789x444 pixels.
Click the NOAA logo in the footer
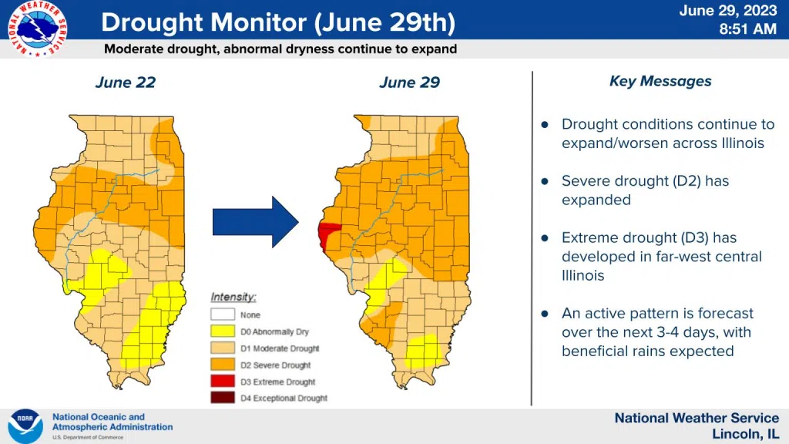tap(25, 426)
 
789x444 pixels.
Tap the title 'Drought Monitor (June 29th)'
tap(277, 22)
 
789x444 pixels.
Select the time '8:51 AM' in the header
tap(747, 29)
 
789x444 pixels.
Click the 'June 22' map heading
tap(125, 82)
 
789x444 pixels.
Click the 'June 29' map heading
tap(409, 82)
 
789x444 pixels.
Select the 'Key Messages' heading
tap(660, 81)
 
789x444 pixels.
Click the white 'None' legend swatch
tap(222, 314)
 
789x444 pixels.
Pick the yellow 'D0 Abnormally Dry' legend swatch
tap(222, 331)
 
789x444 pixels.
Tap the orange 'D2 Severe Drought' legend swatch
tap(222, 365)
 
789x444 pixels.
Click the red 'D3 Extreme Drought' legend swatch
tap(222, 382)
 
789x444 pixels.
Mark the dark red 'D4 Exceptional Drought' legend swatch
tap(222, 399)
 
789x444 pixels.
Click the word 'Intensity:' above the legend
tap(233, 298)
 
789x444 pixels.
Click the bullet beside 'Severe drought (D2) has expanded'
tap(545, 182)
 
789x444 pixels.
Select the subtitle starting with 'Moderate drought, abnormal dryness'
tap(280, 49)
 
